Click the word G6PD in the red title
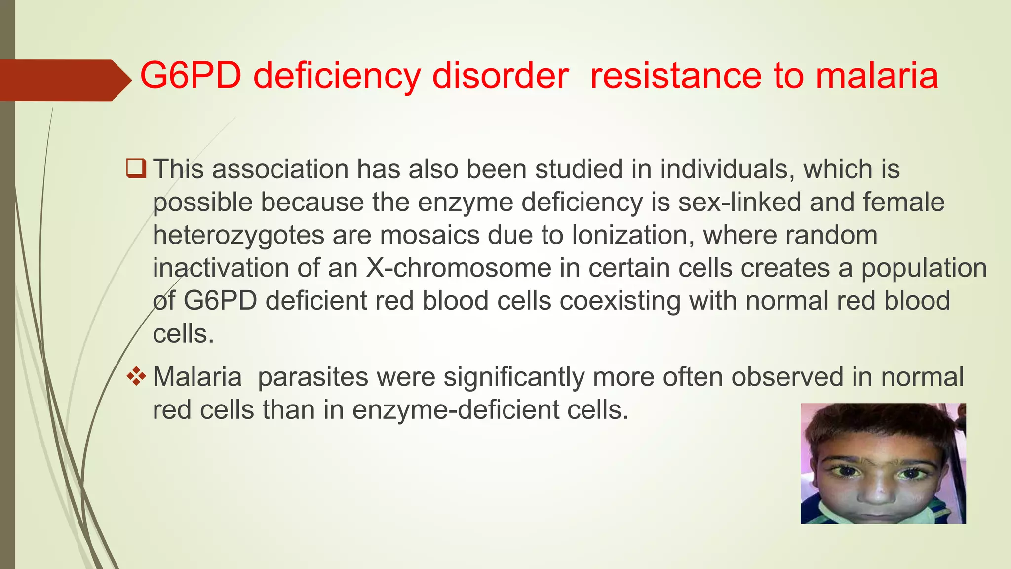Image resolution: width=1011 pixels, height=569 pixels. click(191, 76)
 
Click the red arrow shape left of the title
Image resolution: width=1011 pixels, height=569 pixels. click(64, 80)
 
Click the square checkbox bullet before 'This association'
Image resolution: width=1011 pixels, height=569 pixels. click(136, 168)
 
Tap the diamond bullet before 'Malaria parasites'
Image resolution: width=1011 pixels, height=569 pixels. click(136, 377)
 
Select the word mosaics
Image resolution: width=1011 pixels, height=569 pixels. click(429, 235)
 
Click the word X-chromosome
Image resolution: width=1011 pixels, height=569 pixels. click(459, 268)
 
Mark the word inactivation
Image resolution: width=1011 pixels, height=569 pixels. click(221, 268)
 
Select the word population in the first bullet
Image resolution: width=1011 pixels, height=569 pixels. click(924, 268)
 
